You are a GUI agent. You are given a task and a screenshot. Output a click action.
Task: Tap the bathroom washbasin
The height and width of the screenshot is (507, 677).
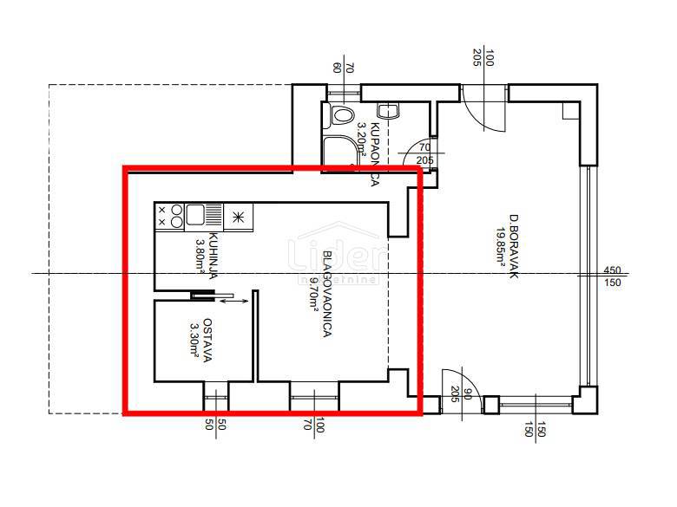coord(389,110)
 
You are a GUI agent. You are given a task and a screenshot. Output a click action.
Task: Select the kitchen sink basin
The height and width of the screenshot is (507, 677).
coord(194,216)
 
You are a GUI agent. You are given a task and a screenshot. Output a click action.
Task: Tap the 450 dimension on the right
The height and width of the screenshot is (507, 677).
coord(612,270)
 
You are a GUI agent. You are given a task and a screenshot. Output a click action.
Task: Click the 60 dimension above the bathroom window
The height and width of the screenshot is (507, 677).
coord(338,68)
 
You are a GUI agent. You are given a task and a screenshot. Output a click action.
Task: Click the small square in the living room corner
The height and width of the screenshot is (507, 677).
coord(569,110)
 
